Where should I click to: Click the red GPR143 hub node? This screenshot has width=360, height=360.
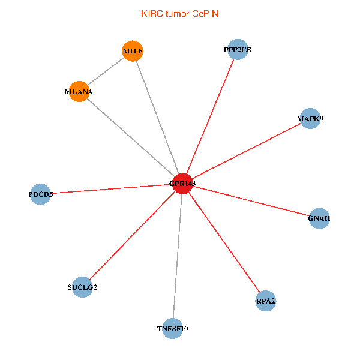click(182, 184)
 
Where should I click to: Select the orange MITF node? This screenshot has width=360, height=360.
click(133, 51)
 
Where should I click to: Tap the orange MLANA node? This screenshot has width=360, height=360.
click(79, 92)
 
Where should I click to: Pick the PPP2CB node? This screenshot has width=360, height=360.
click(233, 50)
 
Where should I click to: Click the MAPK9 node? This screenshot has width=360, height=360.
click(310, 119)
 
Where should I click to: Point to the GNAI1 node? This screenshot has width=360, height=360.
click(319, 218)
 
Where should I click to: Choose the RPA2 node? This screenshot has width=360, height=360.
click(265, 301)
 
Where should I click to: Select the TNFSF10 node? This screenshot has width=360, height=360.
click(172, 329)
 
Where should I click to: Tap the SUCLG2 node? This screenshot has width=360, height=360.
click(82, 287)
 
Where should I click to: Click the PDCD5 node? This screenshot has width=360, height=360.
click(40, 194)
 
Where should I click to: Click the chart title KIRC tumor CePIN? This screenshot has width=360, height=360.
click(179, 13)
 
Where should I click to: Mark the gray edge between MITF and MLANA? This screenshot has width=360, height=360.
click(106, 71)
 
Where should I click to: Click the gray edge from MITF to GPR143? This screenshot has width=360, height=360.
click(157, 117)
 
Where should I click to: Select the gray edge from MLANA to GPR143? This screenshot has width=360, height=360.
click(130, 137)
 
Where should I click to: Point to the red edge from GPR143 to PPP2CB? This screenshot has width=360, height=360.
click(208, 117)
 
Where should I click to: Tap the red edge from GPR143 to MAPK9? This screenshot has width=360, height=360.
click(246, 151)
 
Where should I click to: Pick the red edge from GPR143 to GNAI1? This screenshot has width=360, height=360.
click(250, 201)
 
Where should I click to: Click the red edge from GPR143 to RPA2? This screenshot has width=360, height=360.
click(224, 242)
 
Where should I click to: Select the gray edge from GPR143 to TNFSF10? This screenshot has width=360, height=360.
click(177, 256)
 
